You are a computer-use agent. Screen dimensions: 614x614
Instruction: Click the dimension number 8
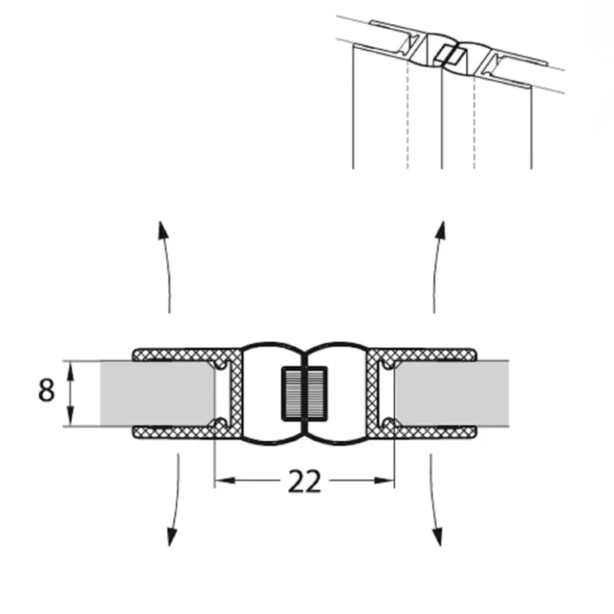click(x=46, y=391)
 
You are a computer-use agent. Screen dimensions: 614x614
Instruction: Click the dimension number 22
click(x=304, y=481)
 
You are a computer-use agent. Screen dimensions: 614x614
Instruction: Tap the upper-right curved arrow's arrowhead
click(x=441, y=230)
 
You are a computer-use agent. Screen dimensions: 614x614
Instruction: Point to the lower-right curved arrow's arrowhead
click(x=437, y=537)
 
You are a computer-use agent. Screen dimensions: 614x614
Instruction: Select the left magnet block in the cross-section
click(x=293, y=394)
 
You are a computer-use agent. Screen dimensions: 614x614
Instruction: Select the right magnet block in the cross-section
click(x=315, y=394)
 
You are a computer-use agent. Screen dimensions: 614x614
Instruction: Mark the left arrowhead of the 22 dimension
click(x=225, y=481)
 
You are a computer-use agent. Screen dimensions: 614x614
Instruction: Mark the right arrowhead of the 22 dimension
click(x=384, y=481)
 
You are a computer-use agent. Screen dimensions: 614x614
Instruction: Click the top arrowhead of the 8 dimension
click(x=70, y=370)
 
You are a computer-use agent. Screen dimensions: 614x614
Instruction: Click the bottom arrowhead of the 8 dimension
click(x=70, y=417)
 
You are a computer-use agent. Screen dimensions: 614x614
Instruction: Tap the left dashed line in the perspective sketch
click(x=407, y=114)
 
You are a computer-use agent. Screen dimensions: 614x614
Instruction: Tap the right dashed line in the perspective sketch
click(x=474, y=121)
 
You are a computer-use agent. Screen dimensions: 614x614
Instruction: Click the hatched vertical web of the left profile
click(x=236, y=393)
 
